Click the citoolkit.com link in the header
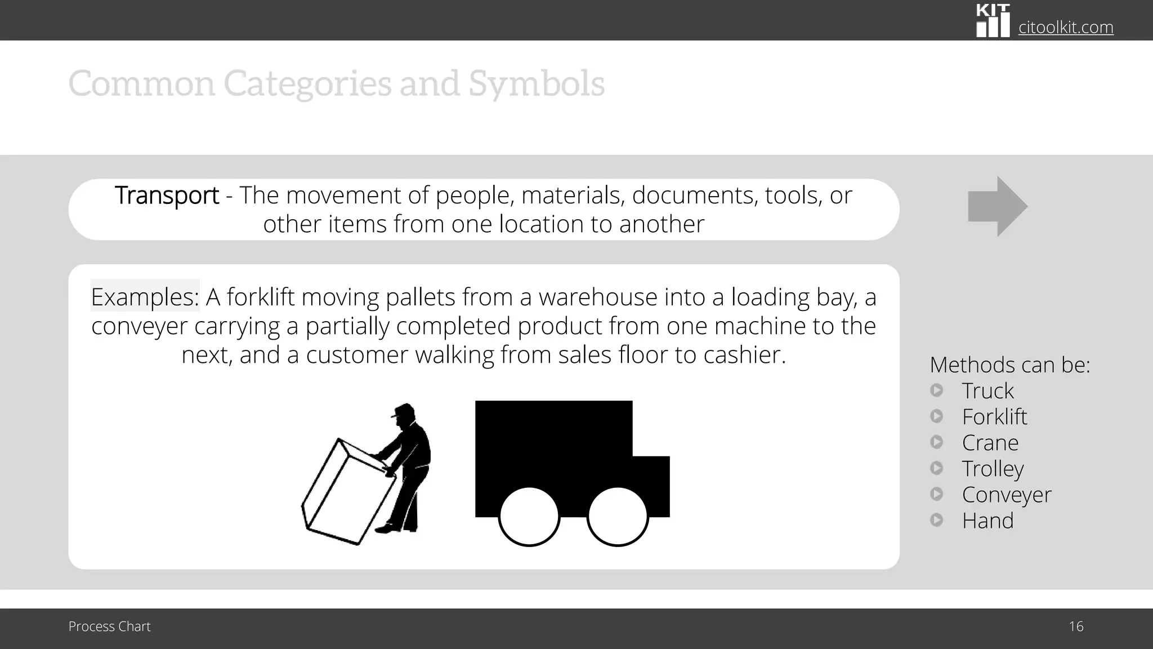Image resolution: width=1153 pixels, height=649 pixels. click(x=1065, y=27)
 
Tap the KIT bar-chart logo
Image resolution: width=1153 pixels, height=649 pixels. click(x=993, y=21)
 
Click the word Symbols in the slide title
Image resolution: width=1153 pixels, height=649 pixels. click(x=536, y=83)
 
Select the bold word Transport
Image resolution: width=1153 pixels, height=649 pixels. click(x=167, y=195)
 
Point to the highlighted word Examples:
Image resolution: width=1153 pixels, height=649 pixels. click(x=145, y=297)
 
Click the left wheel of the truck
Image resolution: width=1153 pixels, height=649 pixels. click(x=529, y=516)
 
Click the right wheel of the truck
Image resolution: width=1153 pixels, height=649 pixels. click(x=618, y=516)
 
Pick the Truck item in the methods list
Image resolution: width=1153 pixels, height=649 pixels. click(x=987, y=390)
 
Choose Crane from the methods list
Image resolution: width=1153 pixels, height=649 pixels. click(x=990, y=443)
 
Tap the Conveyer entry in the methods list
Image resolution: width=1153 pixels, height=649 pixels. click(x=1006, y=495)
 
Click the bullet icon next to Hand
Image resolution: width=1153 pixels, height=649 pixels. click(x=937, y=519)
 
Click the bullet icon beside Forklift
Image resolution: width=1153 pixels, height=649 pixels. click(x=937, y=416)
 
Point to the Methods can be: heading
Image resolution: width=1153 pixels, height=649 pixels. click(x=1009, y=365)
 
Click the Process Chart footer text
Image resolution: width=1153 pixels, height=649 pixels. click(x=109, y=626)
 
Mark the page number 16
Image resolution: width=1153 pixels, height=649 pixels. click(x=1076, y=626)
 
